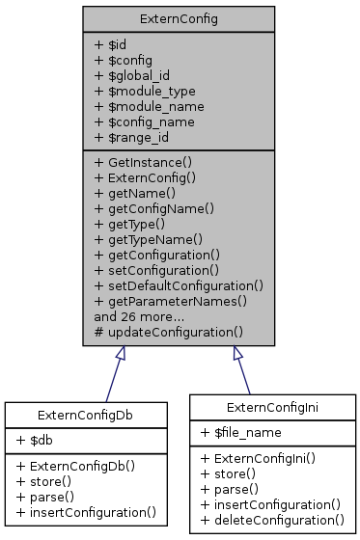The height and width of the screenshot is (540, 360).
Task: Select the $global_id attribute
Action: (136, 75)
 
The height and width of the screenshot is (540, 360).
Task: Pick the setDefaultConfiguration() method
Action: (179, 285)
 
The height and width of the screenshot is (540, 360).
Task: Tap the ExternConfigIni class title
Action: (271, 406)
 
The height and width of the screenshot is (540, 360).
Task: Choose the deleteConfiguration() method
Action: (271, 520)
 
